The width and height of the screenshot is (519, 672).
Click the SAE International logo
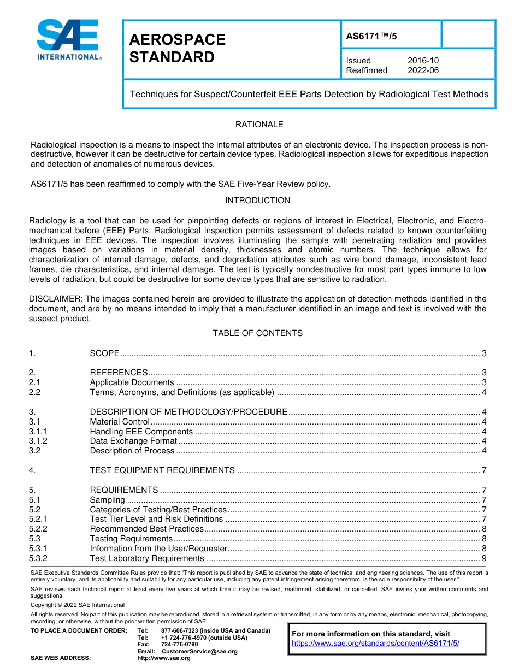pyautogui.click(x=69, y=39)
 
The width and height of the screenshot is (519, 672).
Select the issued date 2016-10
pyautogui.click(x=423, y=61)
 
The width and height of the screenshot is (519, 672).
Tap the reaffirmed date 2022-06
pyautogui.click(x=423, y=70)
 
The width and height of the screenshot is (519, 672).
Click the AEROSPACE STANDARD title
pyautogui.click(x=177, y=48)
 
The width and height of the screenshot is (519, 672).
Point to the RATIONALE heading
pyautogui.click(x=259, y=125)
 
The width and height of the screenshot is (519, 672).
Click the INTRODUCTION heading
pyautogui.click(x=258, y=201)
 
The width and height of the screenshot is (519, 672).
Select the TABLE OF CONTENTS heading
pyautogui.click(x=257, y=333)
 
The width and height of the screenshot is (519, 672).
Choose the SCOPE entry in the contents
pyautogui.click(x=104, y=353)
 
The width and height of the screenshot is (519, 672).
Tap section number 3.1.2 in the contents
pyautogui.click(x=38, y=441)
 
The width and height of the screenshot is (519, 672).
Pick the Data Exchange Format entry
pyautogui.click(x=133, y=441)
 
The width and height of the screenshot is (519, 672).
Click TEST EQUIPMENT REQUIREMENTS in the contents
pyautogui.click(x=162, y=470)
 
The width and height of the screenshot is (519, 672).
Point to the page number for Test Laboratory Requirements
pyautogui.click(x=484, y=558)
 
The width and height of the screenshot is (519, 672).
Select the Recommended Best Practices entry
pyautogui.click(x=146, y=529)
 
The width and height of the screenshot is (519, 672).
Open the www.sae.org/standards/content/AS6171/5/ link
pyautogui.click(x=375, y=643)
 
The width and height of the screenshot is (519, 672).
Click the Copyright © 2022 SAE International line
pyautogui.click(x=78, y=605)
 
